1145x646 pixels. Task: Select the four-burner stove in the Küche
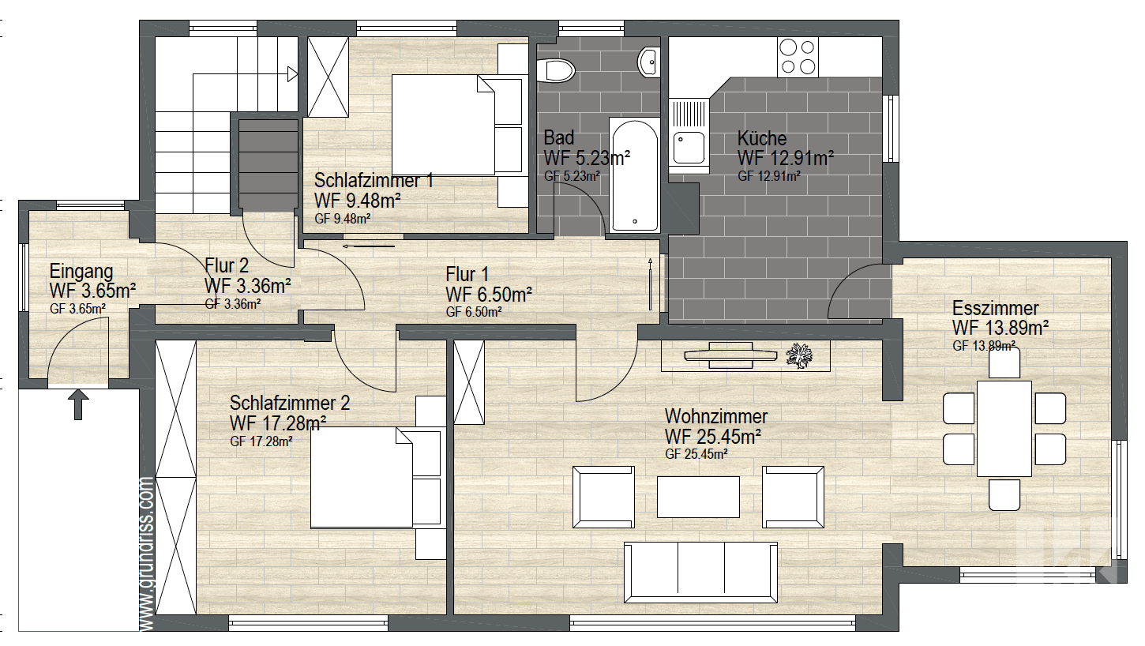click(797, 56)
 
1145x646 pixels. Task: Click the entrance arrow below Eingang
click(77, 404)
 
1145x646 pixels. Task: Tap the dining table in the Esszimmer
click(1004, 428)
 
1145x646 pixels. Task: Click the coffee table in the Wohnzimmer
click(698, 496)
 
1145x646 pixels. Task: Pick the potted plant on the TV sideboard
click(801, 356)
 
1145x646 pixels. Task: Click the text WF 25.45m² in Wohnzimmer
click(712, 436)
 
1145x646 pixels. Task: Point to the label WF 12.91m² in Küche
click(786, 158)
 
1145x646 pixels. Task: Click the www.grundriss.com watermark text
click(145, 553)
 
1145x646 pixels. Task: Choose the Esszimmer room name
click(995, 308)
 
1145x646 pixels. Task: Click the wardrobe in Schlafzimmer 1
click(328, 77)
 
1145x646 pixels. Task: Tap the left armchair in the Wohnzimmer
click(603, 497)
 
